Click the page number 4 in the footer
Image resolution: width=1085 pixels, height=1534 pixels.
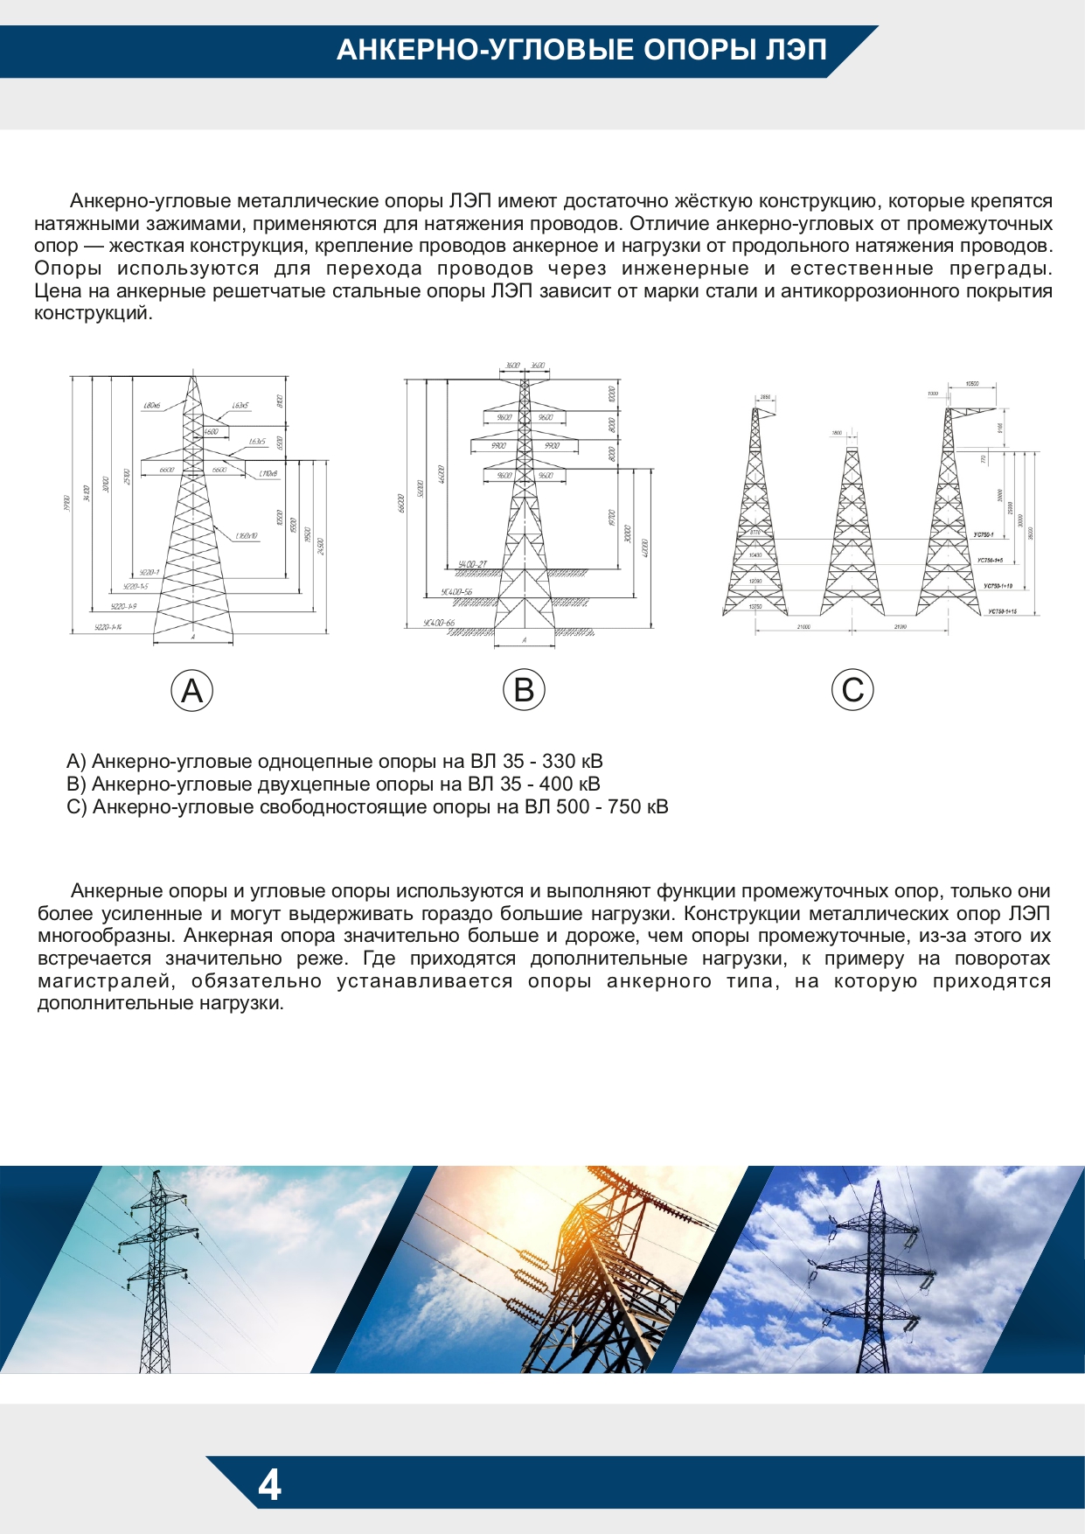pyautogui.click(x=269, y=1485)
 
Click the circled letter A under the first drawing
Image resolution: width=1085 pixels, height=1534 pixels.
pyautogui.click(x=191, y=691)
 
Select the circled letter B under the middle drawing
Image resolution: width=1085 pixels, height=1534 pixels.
pyautogui.click(x=524, y=690)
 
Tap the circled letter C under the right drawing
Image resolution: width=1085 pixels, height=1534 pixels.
pyautogui.click(x=852, y=690)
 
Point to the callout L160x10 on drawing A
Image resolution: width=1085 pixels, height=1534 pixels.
pyautogui.click(x=246, y=535)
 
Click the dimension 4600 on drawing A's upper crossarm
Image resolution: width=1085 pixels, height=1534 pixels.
pyautogui.click(x=211, y=431)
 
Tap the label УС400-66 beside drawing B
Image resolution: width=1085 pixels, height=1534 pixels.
pyautogui.click(x=439, y=623)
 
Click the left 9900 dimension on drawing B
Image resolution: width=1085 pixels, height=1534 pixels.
pyautogui.click(x=498, y=446)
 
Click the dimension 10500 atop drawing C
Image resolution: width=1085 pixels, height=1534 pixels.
pyautogui.click(x=971, y=383)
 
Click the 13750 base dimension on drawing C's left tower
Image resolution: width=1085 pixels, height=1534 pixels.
pyautogui.click(x=755, y=605)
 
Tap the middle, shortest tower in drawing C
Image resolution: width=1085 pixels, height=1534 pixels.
pyautogui.click(x=851, y=533)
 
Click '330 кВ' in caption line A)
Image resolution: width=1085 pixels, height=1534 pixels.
pyautogui.click(x=572, y=761)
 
